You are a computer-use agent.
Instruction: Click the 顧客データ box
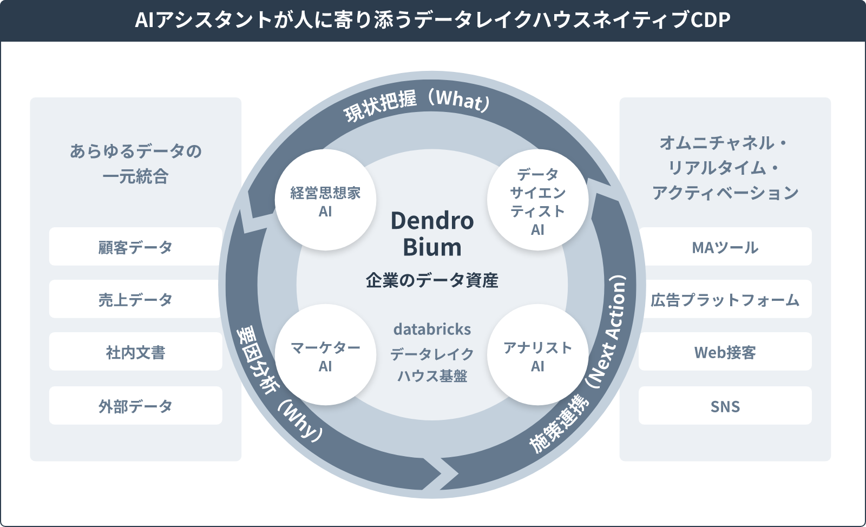pyautogui.click(x=136, y=247)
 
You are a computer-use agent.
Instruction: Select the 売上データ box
pyautogui.click(x=136, y=299)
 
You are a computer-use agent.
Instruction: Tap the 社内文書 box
pyautogui.click(x=136, y=352)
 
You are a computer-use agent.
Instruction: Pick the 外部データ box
pyautogui.click(x=136, y=406)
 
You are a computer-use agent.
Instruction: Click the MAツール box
pyautogui.click(x=725, y=247)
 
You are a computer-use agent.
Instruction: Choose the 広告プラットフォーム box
pyautogui.click(x=725, y=299)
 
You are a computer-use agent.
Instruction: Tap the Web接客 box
pyautogui.click(x=725, y=352)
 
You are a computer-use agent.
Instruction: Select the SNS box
pyautogui.click(x=725, y=406)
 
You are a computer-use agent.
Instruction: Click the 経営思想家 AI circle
pyautogui.click(x=325, y=200)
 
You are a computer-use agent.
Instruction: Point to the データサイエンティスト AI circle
pyautogui.click(x=538, y=200)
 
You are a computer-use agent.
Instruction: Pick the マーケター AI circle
pyautogui.click(x=325, y=355)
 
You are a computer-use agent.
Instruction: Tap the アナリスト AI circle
pyautogui.click(x=538, y=355)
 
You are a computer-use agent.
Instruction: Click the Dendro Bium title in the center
pyautogui.click(x=432, y=234)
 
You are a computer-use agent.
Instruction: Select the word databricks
pyautogui.click(x=432, y=329)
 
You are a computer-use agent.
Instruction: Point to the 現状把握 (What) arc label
pyautogui.click(x=417, y=104)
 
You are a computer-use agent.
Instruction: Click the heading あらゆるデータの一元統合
pyautogui.click(x=136, y=164)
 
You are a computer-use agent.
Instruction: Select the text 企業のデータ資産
pyautogui.click(x=432, y=280)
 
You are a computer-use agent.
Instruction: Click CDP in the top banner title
pyautogui.click(x=711, y=20)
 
